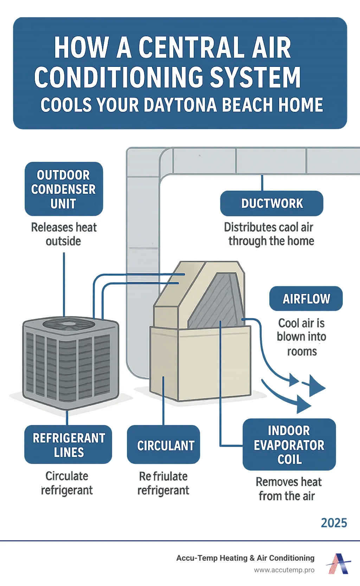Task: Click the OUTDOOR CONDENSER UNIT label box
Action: click(64, 189)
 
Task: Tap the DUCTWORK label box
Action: click(271, 203)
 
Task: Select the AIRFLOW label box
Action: click(306, 299)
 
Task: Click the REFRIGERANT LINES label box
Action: click(68, 445)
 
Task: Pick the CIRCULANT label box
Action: click(163, 445)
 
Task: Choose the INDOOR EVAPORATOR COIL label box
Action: click(289, 444)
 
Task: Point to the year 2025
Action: click(334, 523)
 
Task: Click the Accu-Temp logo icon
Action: click(339, 563)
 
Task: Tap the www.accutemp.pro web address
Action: click(284, 570)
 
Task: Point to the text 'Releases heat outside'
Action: click(64, 234)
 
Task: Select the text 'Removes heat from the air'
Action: click(288, 489)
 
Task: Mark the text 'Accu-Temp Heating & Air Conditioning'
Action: click(245, 558)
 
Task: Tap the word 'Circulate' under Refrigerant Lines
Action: click(67, 476)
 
